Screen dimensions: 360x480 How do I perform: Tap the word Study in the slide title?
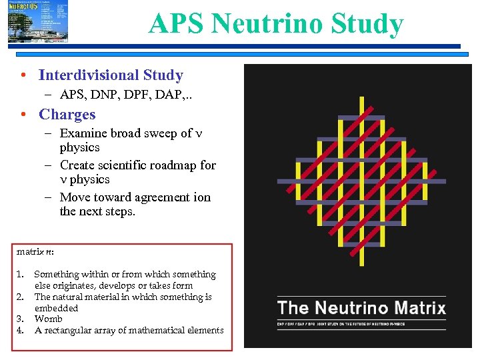(x=370, y=24)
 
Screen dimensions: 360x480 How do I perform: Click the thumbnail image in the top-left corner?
(x=38, y=22)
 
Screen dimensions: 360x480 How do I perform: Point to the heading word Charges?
(x=67, y=114)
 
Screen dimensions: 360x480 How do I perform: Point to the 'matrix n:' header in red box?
(x=31, y=252)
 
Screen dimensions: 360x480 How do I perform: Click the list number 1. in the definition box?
(x=21, y=274)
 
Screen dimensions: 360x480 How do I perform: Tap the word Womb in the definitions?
(x=49, y=319)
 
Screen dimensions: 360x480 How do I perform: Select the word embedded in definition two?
(x=56, y=308)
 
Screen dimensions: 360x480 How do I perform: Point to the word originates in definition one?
(x=75, y=285)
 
